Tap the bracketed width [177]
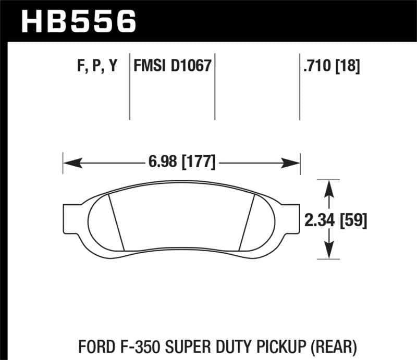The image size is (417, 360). click(x=198, y=162)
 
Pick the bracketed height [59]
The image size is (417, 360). click(x=353, y=221)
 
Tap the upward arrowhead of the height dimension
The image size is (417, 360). click(x=329, y=187)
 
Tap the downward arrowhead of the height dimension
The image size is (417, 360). click(x=329, y=252)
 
